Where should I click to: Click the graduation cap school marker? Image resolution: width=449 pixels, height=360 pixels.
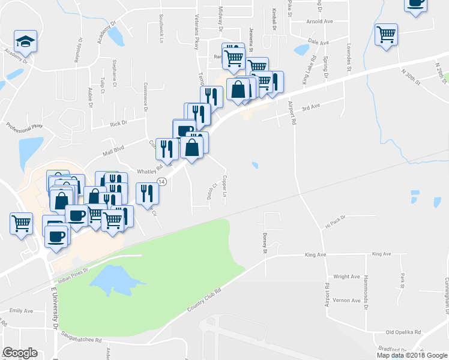(x=25, y=41)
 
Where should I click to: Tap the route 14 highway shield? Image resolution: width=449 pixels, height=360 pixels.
(x=161, y=181)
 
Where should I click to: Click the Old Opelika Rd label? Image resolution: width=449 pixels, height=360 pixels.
(x=402, y=332)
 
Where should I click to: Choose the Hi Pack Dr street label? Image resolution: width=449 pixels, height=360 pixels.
(x=336, y=222)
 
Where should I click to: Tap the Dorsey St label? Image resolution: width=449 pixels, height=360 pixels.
(x=264, y=243)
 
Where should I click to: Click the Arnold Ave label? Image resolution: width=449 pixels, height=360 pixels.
(x=319, y=22)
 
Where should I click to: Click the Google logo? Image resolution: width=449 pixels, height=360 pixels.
(x=19, y=353)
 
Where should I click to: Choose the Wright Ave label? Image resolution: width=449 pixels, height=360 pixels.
(x=346, y=277)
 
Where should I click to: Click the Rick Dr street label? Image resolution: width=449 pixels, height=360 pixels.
(x=118, y=124)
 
